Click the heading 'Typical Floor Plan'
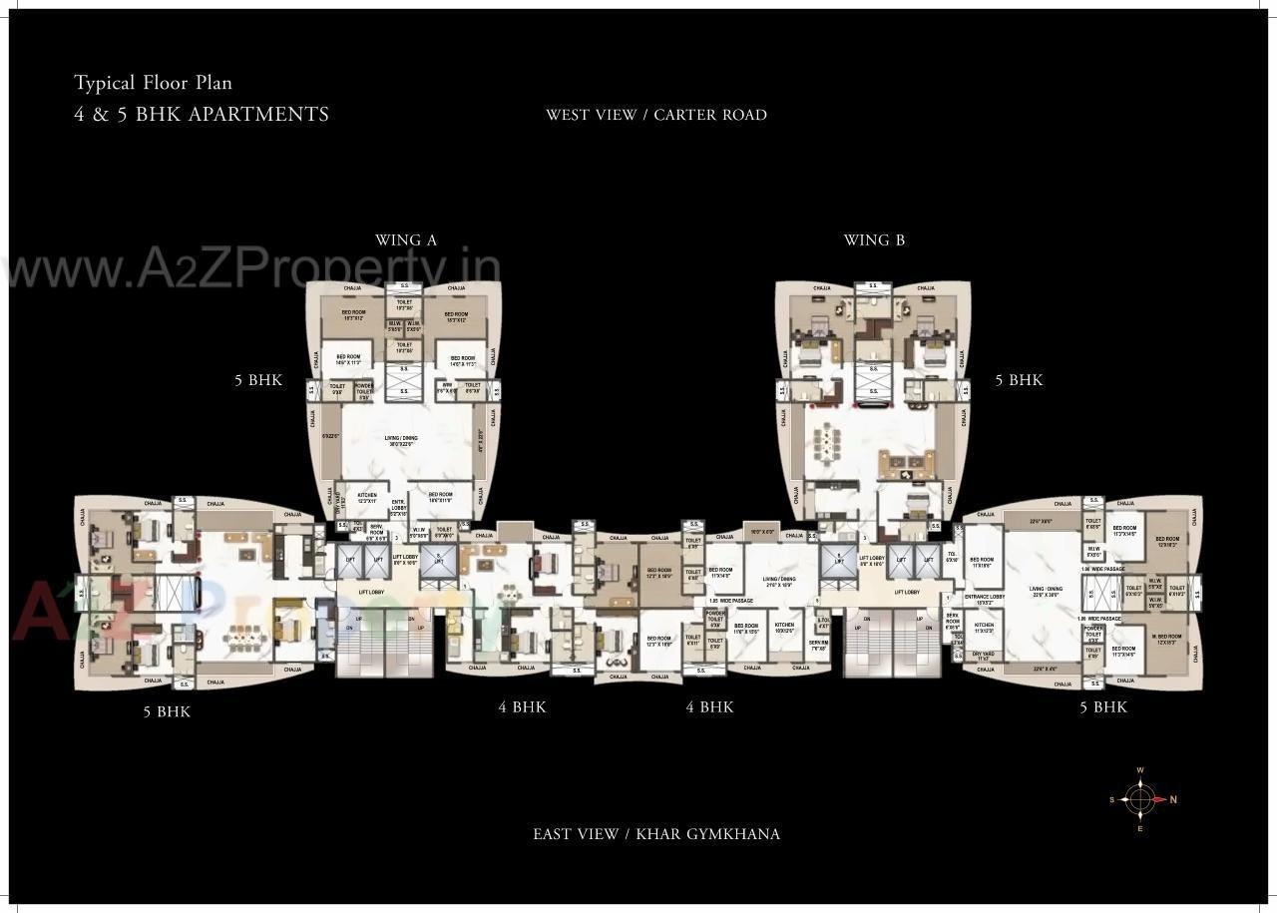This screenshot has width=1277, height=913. [153, 83]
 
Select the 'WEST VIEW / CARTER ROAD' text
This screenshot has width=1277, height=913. [655, 115]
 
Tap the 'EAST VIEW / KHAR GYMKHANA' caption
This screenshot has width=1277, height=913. [655, 834]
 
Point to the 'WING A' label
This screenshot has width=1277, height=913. [405, 239]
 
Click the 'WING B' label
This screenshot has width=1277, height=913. [874, 239]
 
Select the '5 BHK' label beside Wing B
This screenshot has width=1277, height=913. [1019, 380]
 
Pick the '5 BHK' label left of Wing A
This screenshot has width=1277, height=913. [258, 380]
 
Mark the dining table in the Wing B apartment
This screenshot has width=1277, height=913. [827, 440]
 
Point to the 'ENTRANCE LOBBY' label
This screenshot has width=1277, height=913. [984, 599]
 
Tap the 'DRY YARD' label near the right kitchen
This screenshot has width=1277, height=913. [983, 656]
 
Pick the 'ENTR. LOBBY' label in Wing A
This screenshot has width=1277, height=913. [398, 505]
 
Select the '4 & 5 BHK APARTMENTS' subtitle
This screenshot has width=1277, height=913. [202, 114]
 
